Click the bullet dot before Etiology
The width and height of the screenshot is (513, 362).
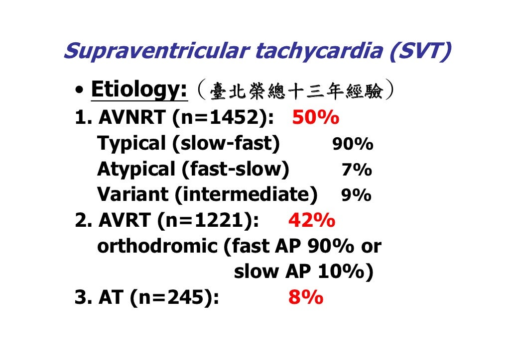(80, 91)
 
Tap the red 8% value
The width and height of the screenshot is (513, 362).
(305, 297)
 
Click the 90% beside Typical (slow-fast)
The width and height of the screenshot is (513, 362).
(353, 145)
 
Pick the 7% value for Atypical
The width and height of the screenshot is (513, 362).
(357, 170)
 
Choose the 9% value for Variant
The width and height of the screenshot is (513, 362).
(356, 195)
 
